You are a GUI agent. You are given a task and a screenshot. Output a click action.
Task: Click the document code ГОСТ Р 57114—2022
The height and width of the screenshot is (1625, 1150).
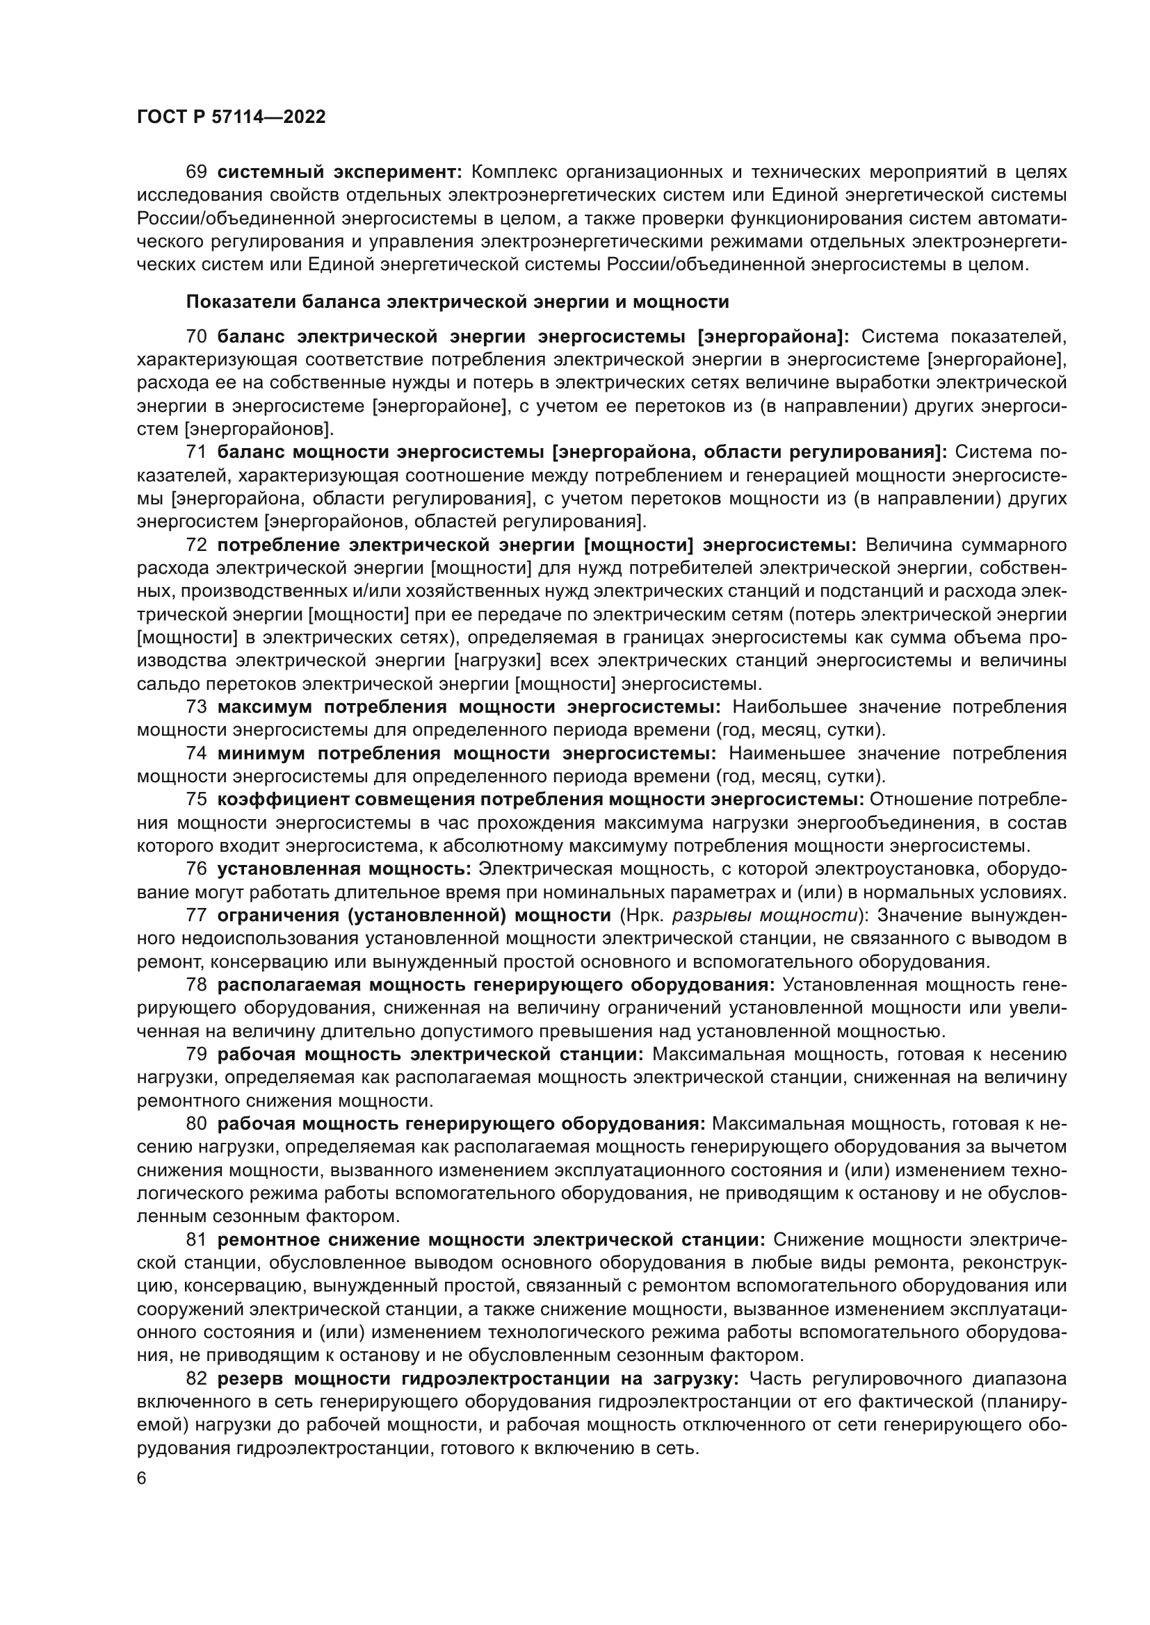click(x=231, y=117)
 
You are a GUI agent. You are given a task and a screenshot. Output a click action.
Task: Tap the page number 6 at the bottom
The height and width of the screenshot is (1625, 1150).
click(x=142, y=1479)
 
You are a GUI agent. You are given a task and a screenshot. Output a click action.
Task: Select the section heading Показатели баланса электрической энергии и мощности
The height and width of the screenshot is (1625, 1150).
click(x=457, y=302)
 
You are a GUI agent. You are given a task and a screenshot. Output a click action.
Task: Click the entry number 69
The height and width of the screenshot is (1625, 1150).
click(x=196, y=172)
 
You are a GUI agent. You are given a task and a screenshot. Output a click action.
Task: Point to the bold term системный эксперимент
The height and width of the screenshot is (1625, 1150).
click(x=339, y=172)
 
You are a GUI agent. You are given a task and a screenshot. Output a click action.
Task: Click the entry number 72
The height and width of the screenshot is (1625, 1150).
click(x=196, y=545)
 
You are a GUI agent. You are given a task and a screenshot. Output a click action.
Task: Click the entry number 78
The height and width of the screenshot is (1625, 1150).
click(x=196, y=984)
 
